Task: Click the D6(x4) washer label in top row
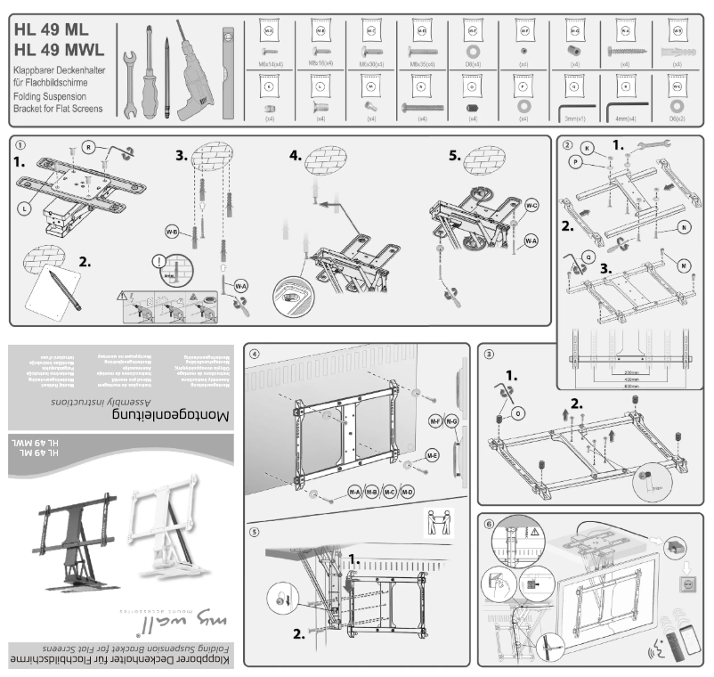point(473,64)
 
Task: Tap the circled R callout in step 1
point(89,145)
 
